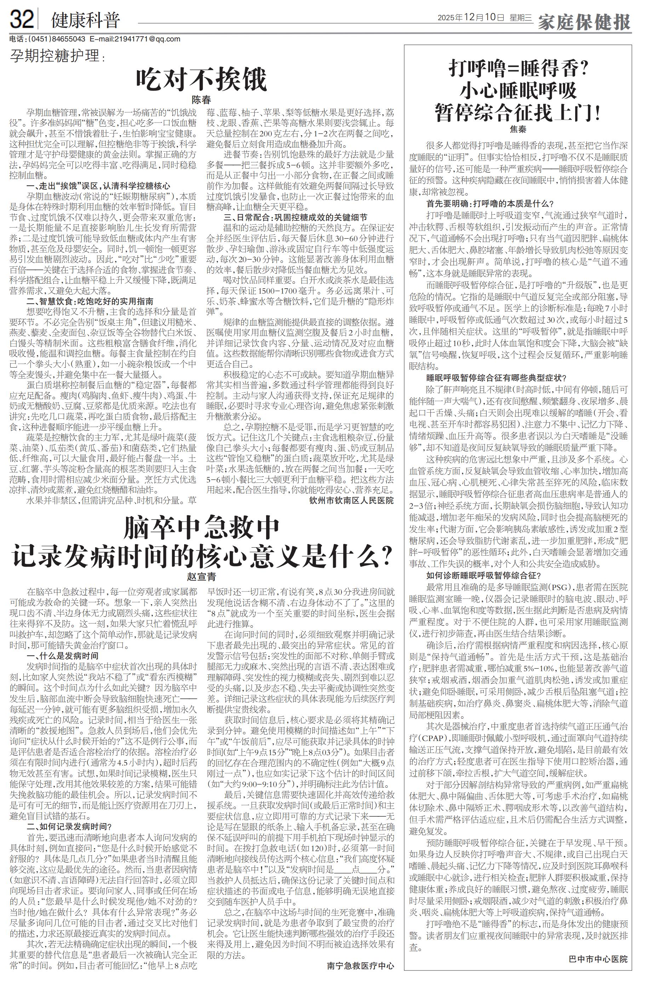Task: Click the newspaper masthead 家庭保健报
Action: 584,22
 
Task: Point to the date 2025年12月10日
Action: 471,18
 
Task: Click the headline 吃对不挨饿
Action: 201,79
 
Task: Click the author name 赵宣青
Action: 201,577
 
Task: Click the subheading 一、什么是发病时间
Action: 63,656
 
